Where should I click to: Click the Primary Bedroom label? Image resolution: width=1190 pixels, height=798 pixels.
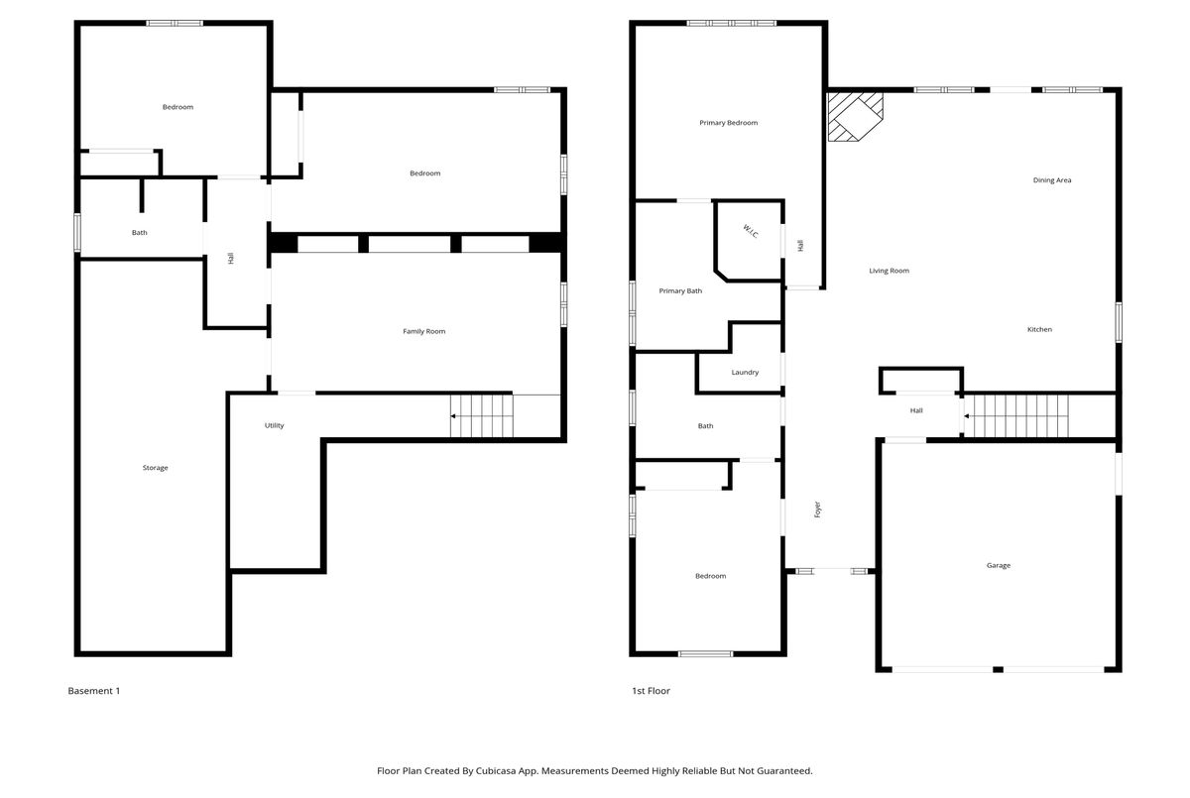(x=728, y=123)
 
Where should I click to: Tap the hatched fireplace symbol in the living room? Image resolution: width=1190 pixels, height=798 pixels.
(x=855, y=117)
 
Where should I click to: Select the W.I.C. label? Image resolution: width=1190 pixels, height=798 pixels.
(x=751, y=232)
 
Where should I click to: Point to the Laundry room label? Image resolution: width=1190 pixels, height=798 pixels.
(x=745, y=372)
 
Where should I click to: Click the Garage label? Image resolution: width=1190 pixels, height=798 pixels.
(x=999, y=565)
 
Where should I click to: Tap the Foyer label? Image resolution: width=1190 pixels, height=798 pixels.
(x=817, y=510)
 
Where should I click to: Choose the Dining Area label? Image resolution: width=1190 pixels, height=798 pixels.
(x=1052, y=180)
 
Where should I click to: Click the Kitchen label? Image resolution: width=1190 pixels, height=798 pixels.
(x=1039, y=329)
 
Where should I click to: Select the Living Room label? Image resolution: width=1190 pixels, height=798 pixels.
(x=889, y=271)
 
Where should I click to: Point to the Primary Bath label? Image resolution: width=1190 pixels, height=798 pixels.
(x=680, y=291)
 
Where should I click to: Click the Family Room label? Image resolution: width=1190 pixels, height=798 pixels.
(x=424, y=331)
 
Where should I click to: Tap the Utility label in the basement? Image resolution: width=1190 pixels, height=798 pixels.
(x=274, y=425)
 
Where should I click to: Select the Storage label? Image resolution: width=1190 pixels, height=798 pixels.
(x=155, y=468)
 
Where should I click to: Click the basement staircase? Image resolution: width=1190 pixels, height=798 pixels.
(x=482, y=415)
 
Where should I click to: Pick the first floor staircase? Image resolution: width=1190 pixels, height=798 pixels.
(x=1015, y=415)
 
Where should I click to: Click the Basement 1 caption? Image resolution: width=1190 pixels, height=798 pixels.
(x=94, y=691)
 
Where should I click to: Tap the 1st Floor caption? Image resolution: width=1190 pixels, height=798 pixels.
(x=651, y=691)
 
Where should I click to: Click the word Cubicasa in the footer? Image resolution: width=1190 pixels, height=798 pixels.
(x=496, y=770)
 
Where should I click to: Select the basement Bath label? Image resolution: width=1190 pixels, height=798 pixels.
(x=140, y=233)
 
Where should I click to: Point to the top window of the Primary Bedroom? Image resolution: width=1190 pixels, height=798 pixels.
(x=731, y=24)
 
